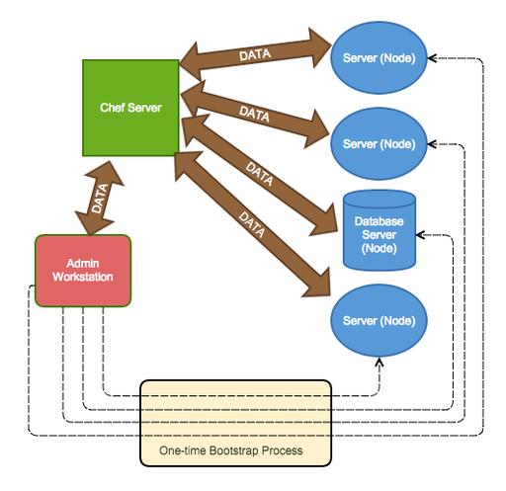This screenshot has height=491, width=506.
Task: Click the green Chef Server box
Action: pos(130,108)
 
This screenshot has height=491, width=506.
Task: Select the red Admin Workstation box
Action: pos(83,271)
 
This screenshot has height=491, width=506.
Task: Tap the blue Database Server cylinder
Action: pos(379,230)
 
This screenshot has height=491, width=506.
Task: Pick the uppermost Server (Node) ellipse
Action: pos(379,58)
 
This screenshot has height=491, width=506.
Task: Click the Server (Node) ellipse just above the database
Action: pos(379,144)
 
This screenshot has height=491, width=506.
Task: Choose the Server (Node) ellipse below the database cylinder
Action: pos(379,320)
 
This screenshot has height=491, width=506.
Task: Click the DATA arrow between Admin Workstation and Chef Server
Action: pos(100,198)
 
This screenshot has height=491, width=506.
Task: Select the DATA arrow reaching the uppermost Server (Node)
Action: pos(255,54)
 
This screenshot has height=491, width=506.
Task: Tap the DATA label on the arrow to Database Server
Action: pos(259,174)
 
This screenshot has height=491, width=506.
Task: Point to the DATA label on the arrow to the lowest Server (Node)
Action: pos(252,224)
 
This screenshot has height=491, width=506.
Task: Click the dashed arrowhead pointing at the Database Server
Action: pos(420,235)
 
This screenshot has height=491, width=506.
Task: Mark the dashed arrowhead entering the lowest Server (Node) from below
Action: pos(379,362)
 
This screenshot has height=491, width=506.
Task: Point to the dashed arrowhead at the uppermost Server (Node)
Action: pos(432,58)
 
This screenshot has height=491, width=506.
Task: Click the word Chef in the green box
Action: pos(112,108)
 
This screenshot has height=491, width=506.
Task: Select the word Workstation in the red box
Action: pos(83,277)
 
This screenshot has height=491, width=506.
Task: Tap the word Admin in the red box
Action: pos(83,264)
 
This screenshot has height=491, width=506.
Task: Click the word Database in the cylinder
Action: pos(379,221)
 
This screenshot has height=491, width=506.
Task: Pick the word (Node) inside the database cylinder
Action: pos(379,248)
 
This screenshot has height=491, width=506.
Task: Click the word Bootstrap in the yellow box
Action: pos(233,450)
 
